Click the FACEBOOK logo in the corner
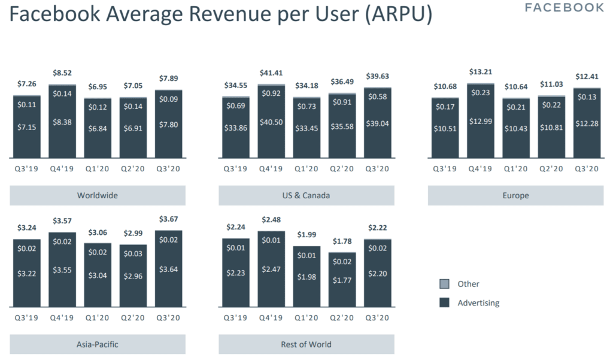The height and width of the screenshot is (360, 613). pyautogui.click(x=565, y=8)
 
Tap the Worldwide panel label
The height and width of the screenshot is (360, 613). pyautogui.click(x=98, y=195)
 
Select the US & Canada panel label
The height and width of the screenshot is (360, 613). pyautogui.click(x=306, y=195)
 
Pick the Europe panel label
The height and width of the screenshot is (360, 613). pyautogui.click(x=515, y=195)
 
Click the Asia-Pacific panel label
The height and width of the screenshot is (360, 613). pyautogui.click(x=98, y=344)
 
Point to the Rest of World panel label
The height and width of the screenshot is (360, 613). pyautogui.click(x=306, y=344)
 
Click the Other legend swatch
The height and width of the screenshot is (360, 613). pyautogui.click(x=444, y=284)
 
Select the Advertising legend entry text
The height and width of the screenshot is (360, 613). pyautogui.click(x=478, y=303)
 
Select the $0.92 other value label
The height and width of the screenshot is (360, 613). pyautogui.click(x=271, y=93)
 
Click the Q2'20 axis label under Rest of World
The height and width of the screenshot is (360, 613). pyautogui.click(x=342, y=317)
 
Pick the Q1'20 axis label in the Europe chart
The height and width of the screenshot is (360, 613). pyautogui.click(x=515, y=168)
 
